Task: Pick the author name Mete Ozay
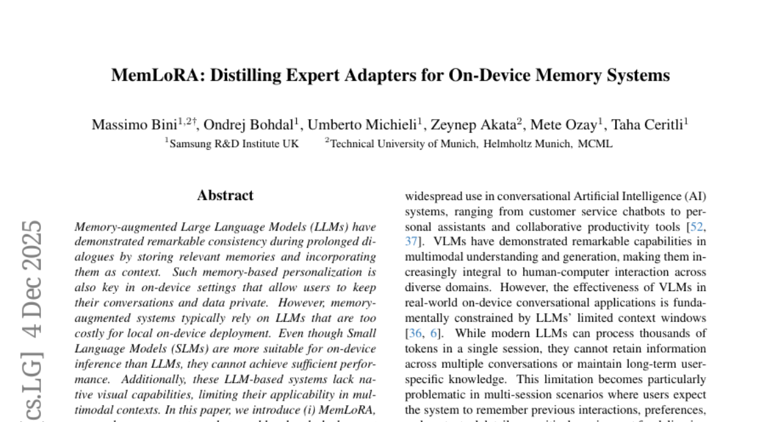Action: (x=565, y=124)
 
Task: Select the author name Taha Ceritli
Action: (x=649, y=124)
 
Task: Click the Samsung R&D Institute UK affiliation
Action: (x=234, y=144)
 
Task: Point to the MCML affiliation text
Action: (x=596, y=144)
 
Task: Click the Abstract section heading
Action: (x=225, y=195)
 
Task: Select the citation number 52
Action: (x=699, y=227)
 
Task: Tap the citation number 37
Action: (x=411, y=242)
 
